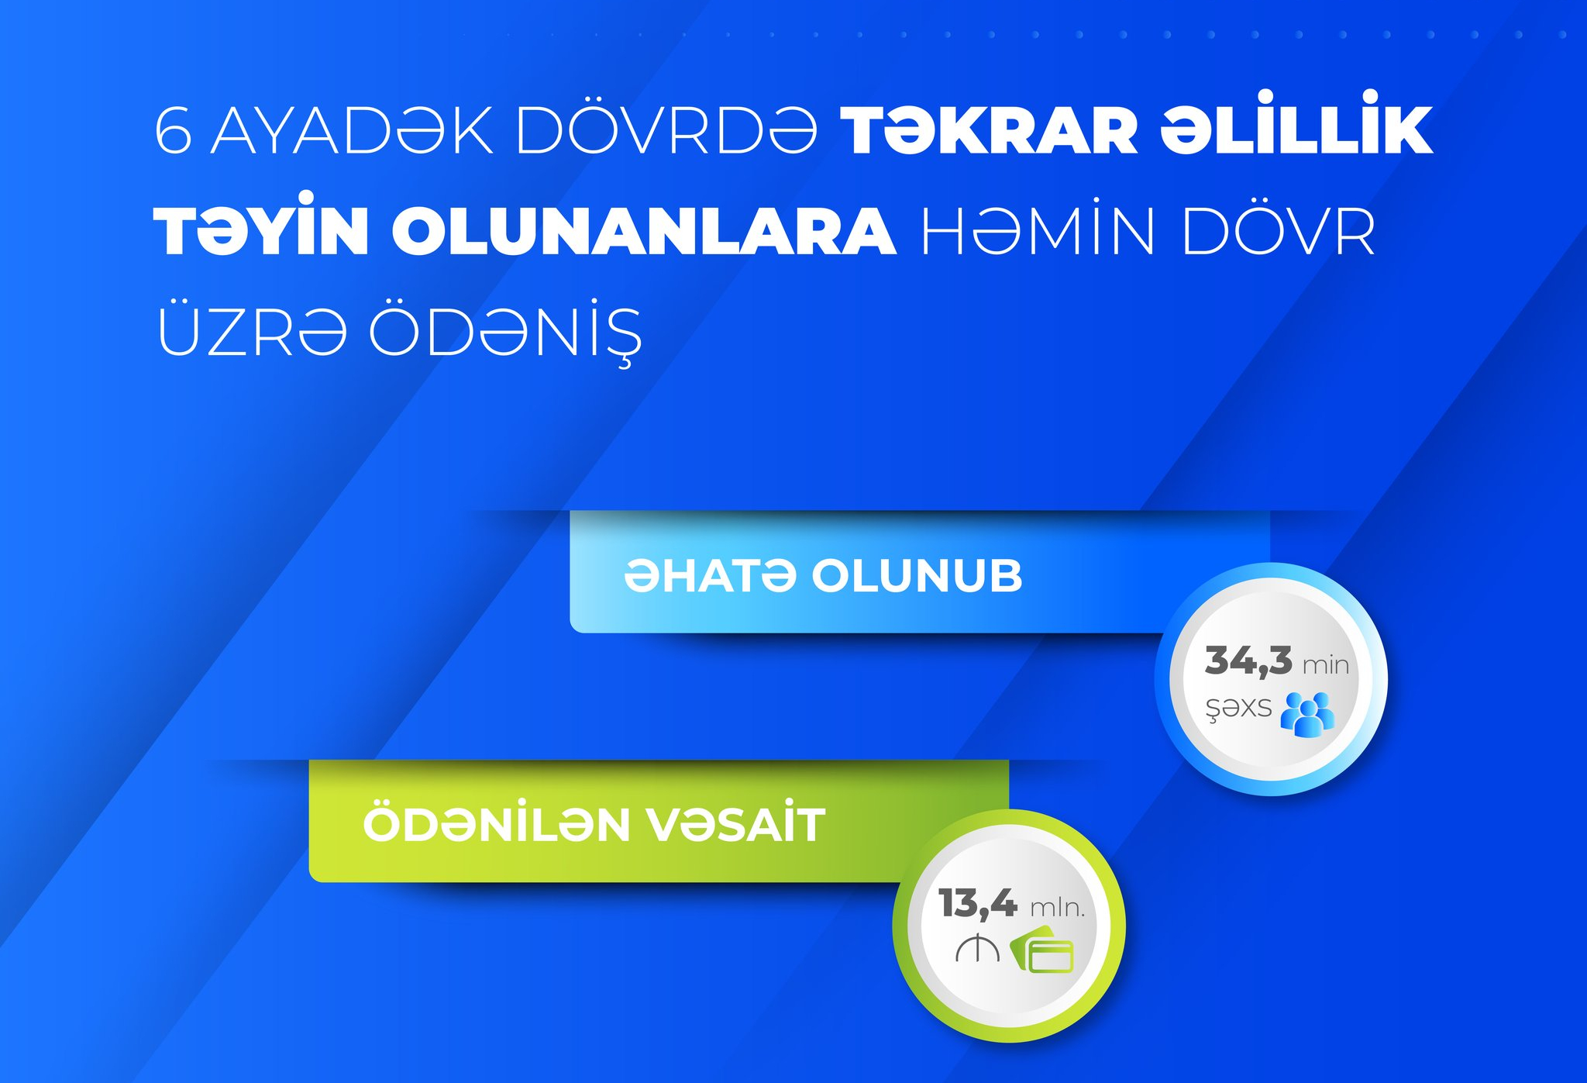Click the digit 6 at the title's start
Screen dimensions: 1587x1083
(174, 130)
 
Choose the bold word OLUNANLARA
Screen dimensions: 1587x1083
(644, 230)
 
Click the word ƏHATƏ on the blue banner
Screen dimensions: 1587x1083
(711, 576)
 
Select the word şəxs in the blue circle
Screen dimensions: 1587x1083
(1238, 709)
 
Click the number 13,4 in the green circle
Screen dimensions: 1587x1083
(978, 905)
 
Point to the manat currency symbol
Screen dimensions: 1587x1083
(977, 949)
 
